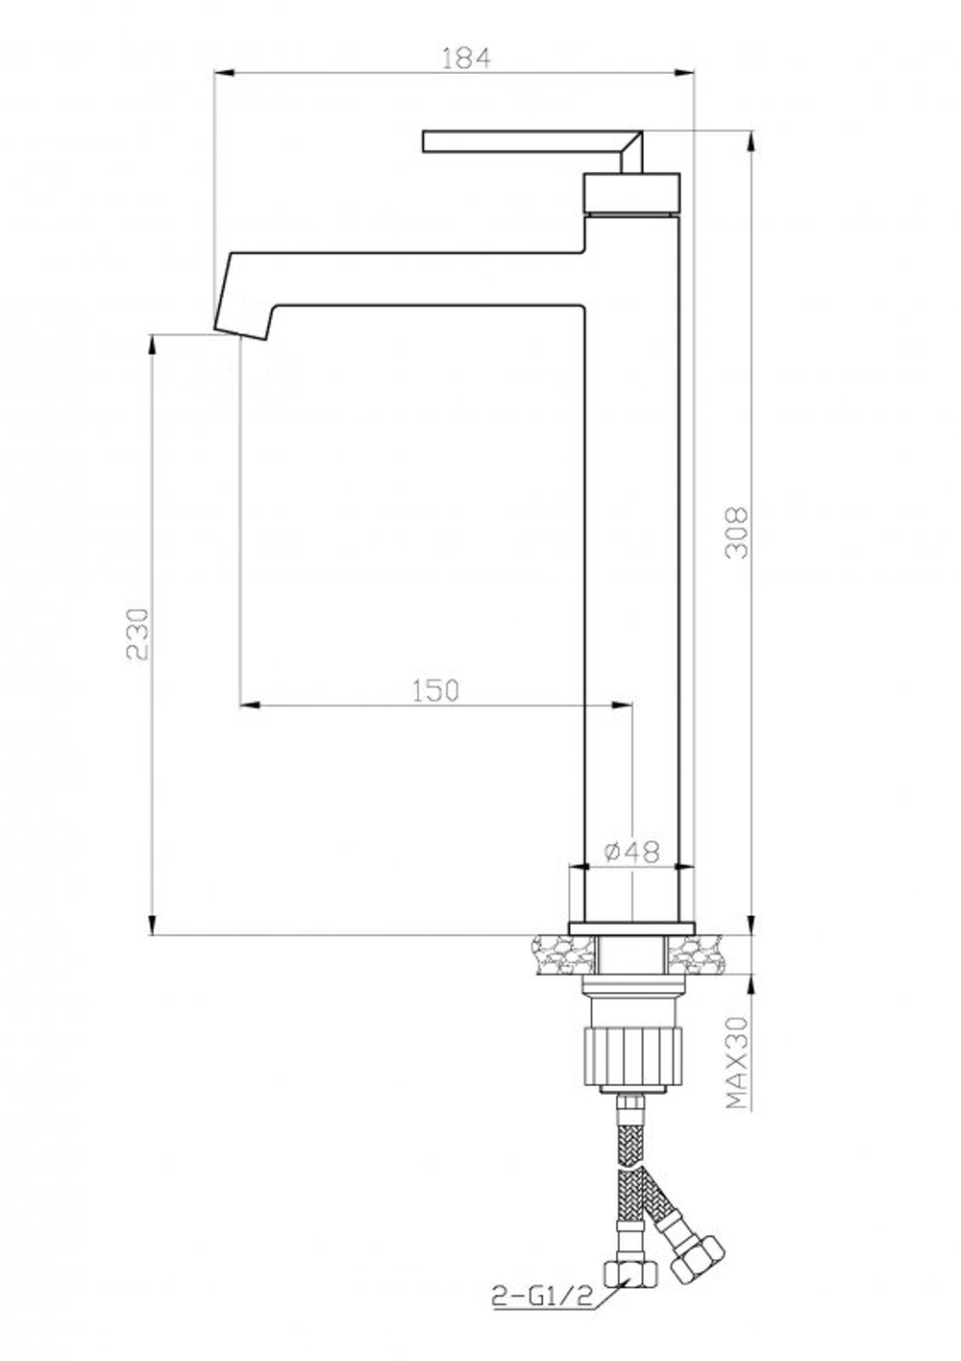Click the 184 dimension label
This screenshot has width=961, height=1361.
pyautogui.click(x=464, y=59)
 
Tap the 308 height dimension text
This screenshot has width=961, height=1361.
pyautogui.click(x=737, y=532)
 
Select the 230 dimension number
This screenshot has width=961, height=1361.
pyautogui.click(x=137, y=634)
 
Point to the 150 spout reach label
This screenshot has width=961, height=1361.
pyautogui.click(x=435, y=691)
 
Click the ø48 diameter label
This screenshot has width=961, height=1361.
pyautogui.click(x=631, y=852)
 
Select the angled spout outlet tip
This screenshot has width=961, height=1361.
pyautogui.click(x=240, y=329)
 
